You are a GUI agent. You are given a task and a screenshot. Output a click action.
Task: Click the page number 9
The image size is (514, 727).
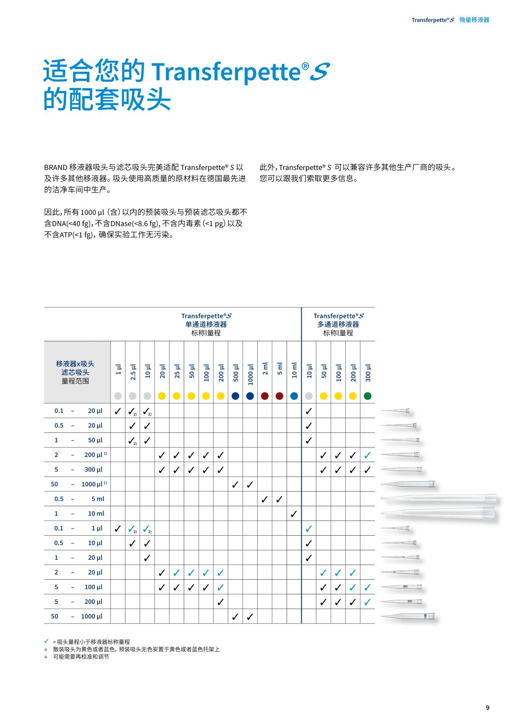487,707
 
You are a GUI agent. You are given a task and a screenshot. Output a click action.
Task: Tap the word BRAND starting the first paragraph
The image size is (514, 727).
55,168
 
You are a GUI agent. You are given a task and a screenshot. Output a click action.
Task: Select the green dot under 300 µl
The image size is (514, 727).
367,396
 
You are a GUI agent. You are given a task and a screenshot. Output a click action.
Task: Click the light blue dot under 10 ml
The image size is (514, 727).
294,396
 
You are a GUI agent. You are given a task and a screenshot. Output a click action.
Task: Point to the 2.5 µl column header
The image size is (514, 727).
133,371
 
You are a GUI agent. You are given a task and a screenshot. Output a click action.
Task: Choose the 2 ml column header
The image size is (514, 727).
264,368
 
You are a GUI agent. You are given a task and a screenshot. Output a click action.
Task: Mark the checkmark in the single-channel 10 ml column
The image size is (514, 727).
294,514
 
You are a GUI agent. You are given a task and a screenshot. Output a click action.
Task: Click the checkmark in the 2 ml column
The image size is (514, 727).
264,499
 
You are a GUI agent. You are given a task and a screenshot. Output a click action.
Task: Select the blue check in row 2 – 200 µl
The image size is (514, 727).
367,455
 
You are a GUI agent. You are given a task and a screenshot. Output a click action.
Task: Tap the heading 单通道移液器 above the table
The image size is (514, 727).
205,324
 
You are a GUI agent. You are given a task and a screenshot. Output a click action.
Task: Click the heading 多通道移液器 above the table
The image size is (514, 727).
338,324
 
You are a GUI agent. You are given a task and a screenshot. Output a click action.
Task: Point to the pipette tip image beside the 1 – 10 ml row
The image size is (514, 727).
438,514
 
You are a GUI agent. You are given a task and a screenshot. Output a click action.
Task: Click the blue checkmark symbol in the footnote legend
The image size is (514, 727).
46,641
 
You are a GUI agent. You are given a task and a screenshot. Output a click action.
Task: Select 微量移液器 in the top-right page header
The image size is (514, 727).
474,20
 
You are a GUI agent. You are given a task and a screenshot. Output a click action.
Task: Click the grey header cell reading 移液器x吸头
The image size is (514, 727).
75,364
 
